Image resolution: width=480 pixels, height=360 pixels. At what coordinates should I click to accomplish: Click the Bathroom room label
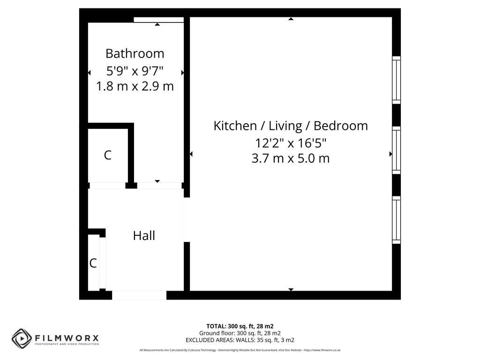click(135, 53)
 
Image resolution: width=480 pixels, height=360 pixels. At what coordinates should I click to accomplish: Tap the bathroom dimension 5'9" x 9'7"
click(135, 71)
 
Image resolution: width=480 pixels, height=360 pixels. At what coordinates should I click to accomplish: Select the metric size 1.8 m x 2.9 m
click(135, 87)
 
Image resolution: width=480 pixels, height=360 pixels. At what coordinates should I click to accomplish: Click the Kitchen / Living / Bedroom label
click(291, 126)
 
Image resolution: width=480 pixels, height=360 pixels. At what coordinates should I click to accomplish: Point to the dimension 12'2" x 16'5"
click(291, 142)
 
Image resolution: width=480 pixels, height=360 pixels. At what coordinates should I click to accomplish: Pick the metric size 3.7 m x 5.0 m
click(291, 158)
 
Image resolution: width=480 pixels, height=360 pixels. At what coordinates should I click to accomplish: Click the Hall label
click(144, 236)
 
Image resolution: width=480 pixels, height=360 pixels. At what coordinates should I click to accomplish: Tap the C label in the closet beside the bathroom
click(107, 156)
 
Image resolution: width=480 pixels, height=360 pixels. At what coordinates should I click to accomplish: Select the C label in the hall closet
click(93, 263)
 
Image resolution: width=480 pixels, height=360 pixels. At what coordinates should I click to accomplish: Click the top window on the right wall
click(397, 80)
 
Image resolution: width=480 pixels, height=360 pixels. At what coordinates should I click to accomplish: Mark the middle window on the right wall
click(397, 150)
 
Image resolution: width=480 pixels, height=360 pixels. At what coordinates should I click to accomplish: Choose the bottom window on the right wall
click(397, 220)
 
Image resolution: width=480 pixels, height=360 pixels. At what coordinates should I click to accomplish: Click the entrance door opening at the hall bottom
click(139, 295)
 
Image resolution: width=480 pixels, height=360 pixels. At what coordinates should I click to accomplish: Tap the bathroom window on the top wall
click(158, 20)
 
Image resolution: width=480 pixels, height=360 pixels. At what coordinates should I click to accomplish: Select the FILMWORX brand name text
click(67, 337)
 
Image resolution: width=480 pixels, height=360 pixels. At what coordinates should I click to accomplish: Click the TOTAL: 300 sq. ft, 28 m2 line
click(240, 326)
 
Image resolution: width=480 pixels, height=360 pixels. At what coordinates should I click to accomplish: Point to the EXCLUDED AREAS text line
click(240, 340)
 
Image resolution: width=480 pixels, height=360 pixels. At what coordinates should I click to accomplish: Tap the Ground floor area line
click(240, 333)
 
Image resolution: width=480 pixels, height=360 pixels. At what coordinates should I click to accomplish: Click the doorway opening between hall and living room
click(187, 219)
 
